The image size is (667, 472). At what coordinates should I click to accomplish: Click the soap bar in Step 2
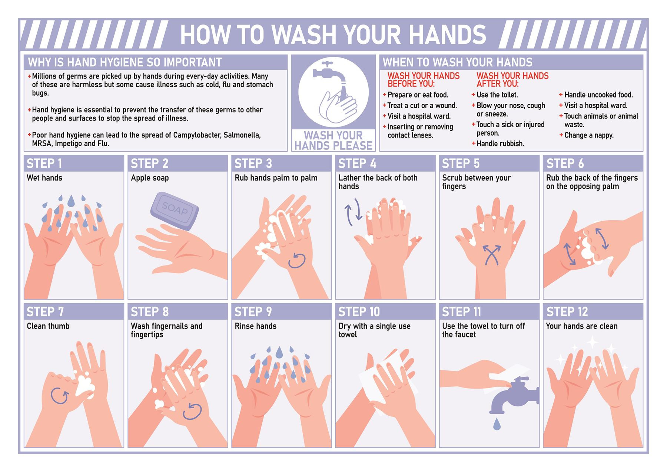pos(174,211)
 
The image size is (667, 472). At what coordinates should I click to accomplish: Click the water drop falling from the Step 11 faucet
pos(497,423)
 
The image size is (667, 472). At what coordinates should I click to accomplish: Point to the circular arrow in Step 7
pos(59,396)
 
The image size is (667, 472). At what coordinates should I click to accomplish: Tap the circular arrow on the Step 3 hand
pos(297,260)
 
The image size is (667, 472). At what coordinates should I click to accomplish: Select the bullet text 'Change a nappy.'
pos(588,135)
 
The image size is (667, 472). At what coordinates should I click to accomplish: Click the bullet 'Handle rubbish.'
pos(500,143)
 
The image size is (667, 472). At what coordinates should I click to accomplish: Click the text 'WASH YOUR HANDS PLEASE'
pos(333,141)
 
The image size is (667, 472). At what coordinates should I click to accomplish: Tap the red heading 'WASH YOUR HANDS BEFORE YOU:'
pos(423,80)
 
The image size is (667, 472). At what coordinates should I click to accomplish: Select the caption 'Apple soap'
pos(150,178)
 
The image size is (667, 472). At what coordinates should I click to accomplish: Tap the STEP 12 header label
pos(567,312)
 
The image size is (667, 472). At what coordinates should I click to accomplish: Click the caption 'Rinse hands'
pos(255,326)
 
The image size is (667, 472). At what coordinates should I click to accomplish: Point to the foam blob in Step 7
pos(85,386)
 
